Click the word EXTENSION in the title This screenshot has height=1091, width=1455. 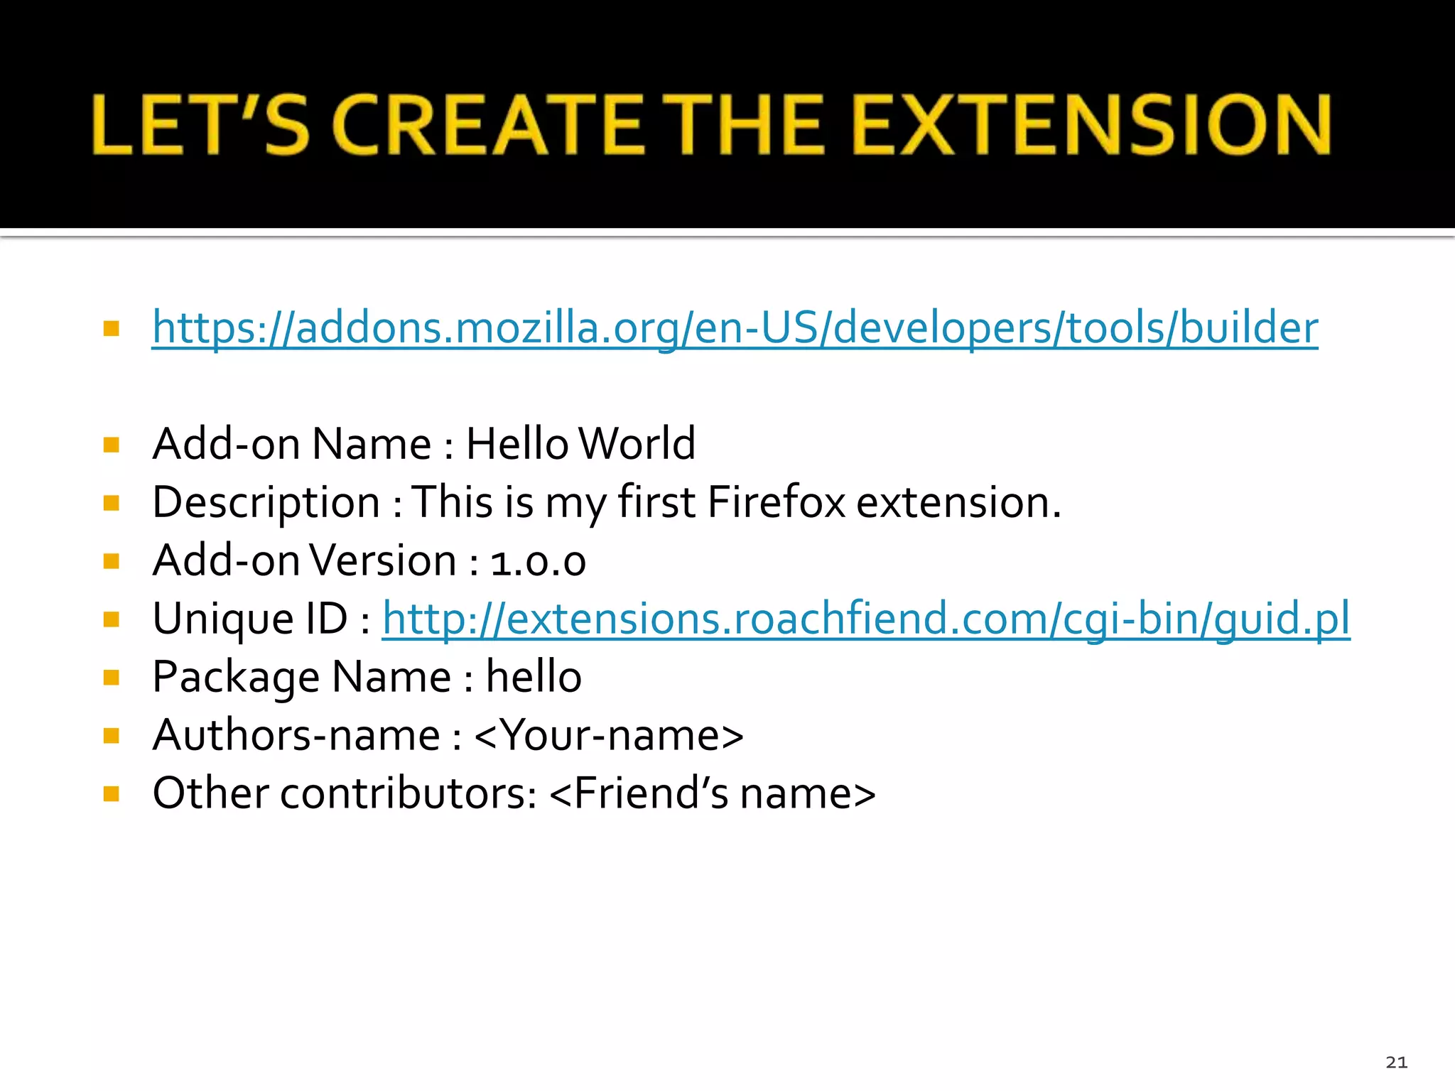(1091, 124)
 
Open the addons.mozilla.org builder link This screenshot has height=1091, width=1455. (735, 327)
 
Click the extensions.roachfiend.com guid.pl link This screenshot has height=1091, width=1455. (865, 618)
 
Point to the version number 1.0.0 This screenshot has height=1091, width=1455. (538, 561)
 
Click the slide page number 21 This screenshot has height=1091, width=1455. (1396, 1062)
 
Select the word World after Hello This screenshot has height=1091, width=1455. (637, 444)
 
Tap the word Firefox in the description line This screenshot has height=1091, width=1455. (776, 502)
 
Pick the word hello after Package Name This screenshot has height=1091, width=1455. (534, 676)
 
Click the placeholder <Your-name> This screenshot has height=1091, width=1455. (609, 734)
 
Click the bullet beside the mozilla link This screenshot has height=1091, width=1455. (111, 328)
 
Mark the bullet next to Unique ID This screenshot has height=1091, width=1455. (111, 619)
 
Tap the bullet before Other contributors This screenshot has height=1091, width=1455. (111, 793)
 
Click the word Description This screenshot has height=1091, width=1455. (266, 503)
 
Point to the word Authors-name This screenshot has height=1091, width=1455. (296, 734)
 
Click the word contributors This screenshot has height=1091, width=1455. (409, 793)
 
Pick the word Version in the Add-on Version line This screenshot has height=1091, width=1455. (384, 560)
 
